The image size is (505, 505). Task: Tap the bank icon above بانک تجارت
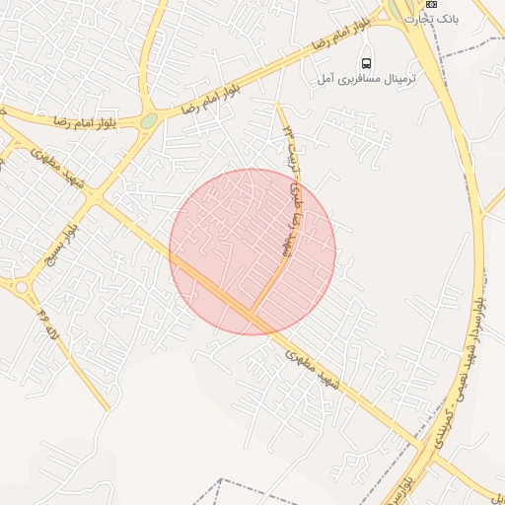click(430, 5)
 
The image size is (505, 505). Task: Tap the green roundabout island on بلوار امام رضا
click(149, 120)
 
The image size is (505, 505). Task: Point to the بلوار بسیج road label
click(57, 246)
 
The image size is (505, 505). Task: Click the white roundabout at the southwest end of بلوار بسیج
click(21, 287)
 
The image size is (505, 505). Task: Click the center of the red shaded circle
click(252, 252)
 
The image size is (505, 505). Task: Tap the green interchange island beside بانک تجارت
click(404, 12)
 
